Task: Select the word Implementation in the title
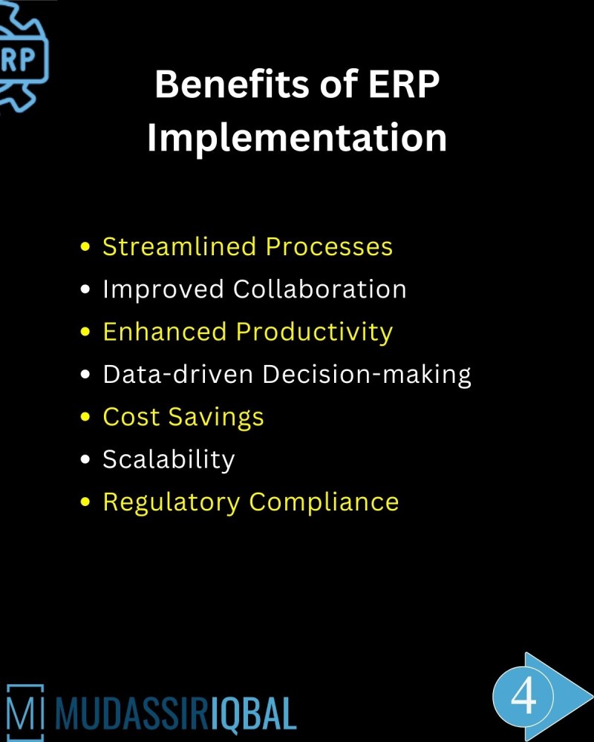click(x=297, y=138)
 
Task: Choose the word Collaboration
click(x=320, y=289)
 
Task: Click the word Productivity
click(x=314, y=332)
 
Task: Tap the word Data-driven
click(x=178, y=375)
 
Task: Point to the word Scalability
click(x=169, y=460)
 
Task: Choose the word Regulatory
click(x=172, y=502)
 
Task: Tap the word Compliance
click(x=324, y=502)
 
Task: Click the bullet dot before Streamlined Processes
click(x=85, y=247)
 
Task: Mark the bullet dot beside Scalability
click(x=85, y=460)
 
